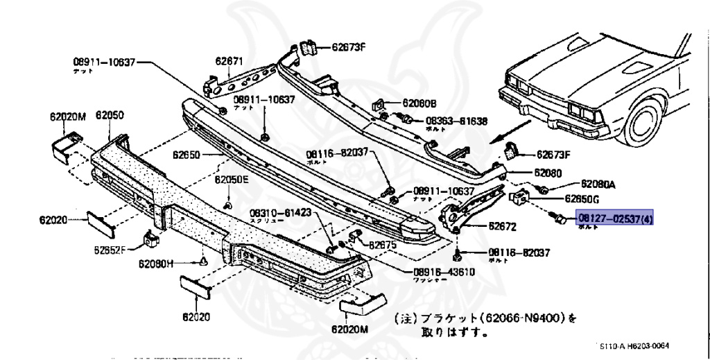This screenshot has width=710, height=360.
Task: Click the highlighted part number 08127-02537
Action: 614,218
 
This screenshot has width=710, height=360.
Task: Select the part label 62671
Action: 229,61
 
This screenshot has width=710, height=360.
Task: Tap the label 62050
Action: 110,116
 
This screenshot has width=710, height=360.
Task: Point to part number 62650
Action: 186,155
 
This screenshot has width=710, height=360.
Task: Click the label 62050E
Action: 231,179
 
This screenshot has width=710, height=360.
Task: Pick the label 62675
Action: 382,245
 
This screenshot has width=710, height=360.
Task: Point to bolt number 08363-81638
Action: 455,120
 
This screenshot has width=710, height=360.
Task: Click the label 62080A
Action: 598,185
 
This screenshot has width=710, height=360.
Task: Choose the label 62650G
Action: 582,198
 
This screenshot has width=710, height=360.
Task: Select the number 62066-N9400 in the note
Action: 519,319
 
